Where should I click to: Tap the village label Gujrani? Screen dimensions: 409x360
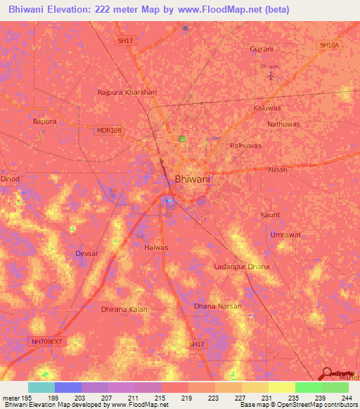pyautogui.click(x=262, y=49)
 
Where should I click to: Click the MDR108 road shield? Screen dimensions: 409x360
pyautogui.click(x=108, y=130)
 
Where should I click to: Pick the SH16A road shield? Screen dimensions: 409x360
pyautogui.click(x=329, y=45)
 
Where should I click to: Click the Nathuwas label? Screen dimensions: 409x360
pyautogui.click(x=283, y=124)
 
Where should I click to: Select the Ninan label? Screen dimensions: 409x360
pyautogui.click(x=278, y=170)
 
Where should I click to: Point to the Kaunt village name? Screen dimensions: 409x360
pyautogui.click(x=270, y=214)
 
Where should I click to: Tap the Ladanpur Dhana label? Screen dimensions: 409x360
pyautogui.click(x=241, y=266)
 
